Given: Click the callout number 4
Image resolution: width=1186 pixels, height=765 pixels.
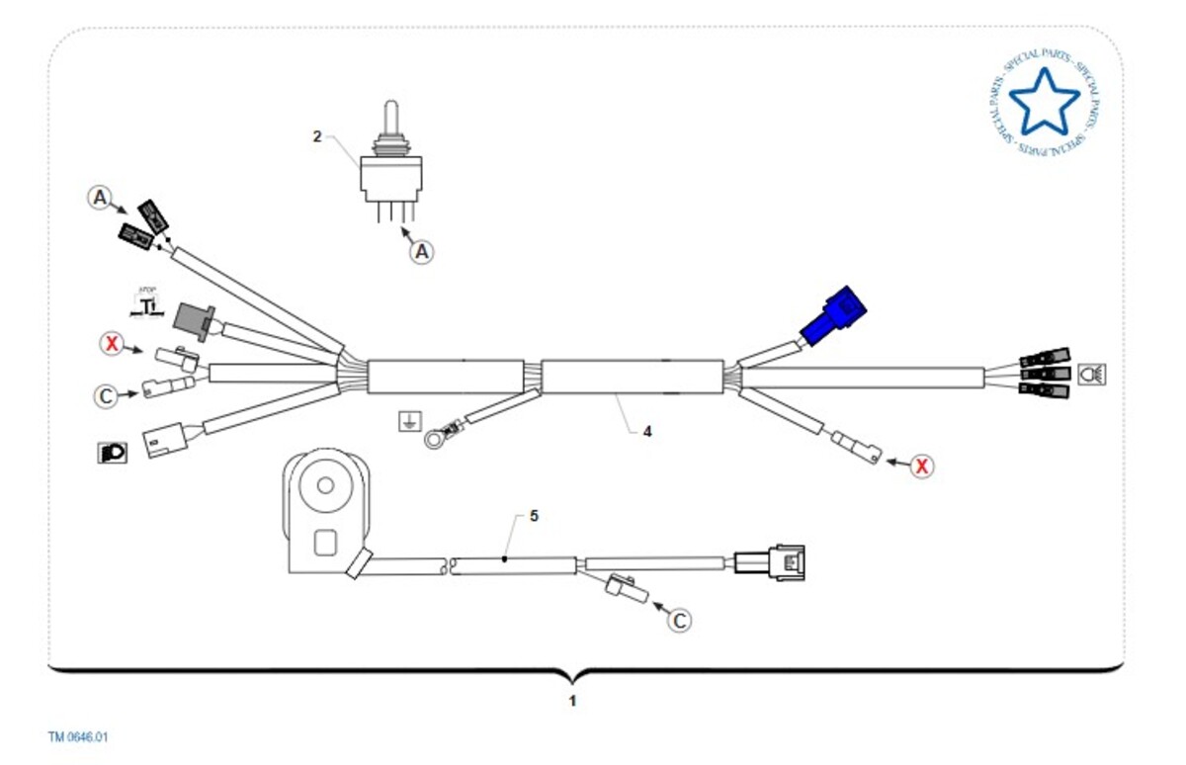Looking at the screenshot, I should click(x=647, y=431).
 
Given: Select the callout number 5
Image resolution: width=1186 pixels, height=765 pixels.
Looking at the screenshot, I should click(x=534, y=516).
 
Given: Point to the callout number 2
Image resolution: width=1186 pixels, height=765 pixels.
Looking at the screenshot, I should click(x=317, y=136).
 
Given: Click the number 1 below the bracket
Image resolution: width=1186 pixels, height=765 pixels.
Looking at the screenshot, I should click(x=572, y=701).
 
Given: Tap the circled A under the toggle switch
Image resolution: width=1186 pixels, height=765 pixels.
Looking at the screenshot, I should click(x=422, y=252).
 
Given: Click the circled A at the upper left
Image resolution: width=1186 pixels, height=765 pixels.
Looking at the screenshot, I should click(x=99, y=198).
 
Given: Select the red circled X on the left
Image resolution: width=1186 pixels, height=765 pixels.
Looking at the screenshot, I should click(x=112, y=344).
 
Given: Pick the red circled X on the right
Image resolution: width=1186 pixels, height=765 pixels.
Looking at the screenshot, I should click(x=921, y=466).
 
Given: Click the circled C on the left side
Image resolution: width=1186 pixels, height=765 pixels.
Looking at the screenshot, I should click(x=106, y=396).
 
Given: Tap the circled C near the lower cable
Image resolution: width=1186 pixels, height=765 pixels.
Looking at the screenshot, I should click(x=680, y=620).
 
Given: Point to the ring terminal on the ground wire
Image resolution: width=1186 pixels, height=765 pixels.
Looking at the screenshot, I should click(x=433, y=436).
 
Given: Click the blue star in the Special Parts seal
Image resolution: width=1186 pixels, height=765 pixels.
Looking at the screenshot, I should click(x=1044, y=104).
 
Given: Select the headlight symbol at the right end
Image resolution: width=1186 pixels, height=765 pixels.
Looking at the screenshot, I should click(x=1092, y=374).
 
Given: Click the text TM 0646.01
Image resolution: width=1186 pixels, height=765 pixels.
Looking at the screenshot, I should click(x=79, y=737).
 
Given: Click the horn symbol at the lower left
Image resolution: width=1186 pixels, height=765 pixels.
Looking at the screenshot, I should click(x=113, y=453).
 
